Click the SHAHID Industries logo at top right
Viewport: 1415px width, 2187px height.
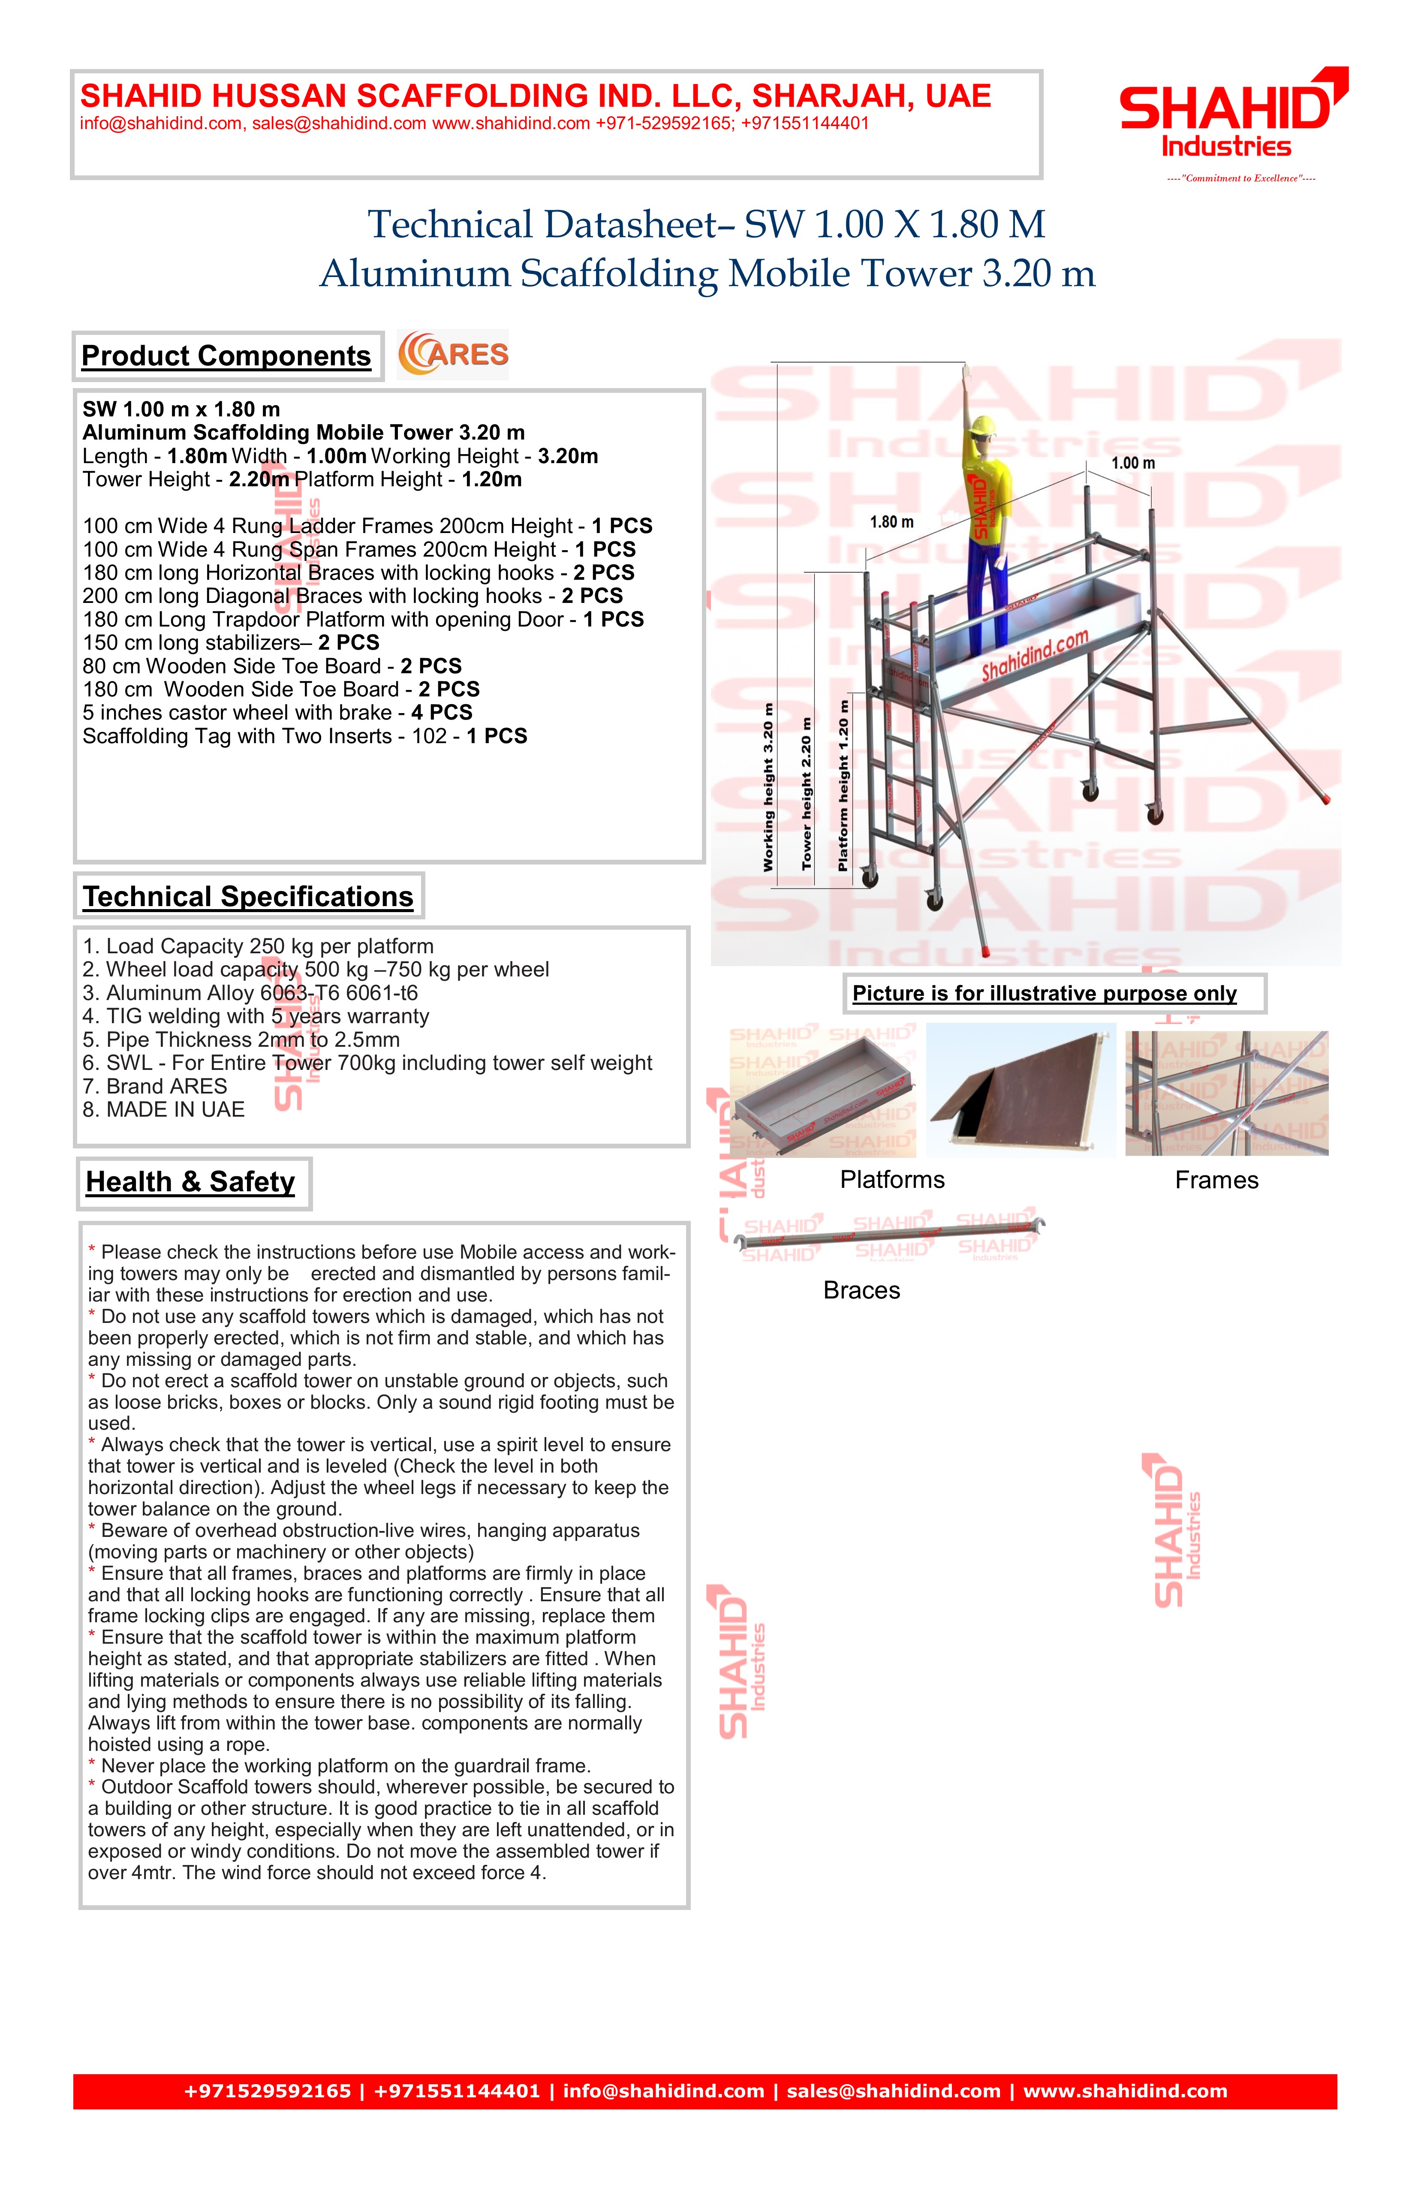(1231, 115)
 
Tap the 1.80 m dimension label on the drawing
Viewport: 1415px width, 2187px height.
(891, 522)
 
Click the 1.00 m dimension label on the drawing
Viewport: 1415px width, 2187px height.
(1133, 463)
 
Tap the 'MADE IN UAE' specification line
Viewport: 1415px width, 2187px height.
(163, 1110)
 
